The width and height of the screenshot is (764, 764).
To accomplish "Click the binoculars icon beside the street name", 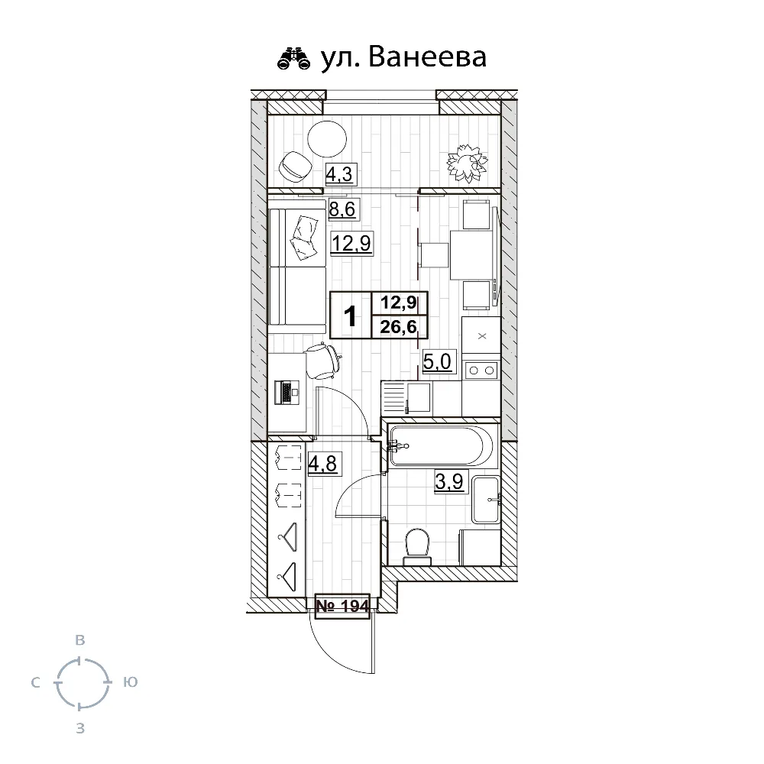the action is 293,59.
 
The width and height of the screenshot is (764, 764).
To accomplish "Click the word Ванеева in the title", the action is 427,57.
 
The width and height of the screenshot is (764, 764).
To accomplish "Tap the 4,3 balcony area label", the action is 341,174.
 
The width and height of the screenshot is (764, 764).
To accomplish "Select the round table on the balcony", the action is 327,139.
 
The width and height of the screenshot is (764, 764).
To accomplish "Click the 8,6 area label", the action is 342,209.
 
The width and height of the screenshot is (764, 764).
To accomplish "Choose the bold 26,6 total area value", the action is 399,326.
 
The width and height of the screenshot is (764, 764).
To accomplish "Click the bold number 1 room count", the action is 350,316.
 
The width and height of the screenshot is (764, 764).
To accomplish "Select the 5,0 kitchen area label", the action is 438,362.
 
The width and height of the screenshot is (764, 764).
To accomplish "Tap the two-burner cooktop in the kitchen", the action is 481,371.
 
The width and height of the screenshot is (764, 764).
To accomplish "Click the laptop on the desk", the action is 287,393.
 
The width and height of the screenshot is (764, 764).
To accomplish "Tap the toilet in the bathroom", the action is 418,546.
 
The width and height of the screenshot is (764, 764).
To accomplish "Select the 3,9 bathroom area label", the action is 449,482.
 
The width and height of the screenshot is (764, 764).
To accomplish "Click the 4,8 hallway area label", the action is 323,463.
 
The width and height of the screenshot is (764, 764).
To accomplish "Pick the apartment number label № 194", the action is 342,606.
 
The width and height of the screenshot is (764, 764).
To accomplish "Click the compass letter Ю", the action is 130,681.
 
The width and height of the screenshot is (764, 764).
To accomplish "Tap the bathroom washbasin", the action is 486,500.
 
